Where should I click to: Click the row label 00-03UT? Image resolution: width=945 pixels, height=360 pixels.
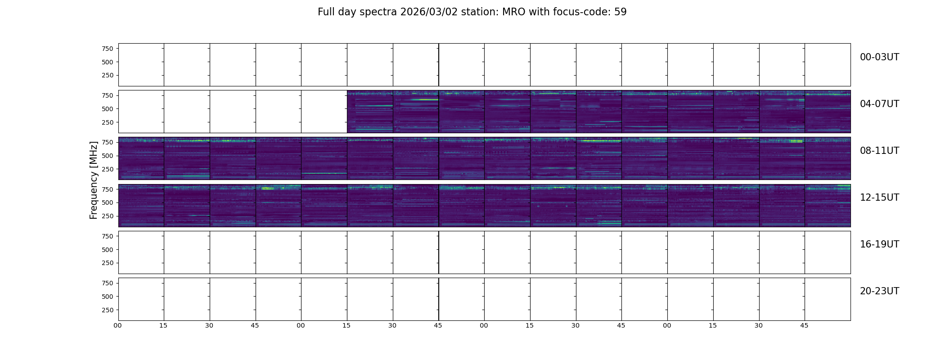[879, 57]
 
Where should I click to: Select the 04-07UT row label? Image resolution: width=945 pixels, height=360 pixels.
[879, 104]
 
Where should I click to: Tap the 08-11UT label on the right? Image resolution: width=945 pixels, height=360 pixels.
[879, 151]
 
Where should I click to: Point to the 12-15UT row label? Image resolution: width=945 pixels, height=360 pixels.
[879, 198]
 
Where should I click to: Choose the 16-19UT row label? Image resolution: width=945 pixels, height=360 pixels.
[879, 244]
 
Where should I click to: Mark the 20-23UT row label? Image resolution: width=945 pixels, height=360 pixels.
[879, 291]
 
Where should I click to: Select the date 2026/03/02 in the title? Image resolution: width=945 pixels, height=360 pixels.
[429, 12]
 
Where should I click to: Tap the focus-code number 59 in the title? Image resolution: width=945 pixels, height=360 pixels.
[621, 12]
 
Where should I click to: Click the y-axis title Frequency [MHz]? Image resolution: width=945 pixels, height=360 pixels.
[94, 180]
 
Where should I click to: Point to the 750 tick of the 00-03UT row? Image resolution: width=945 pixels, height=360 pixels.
[108, 49]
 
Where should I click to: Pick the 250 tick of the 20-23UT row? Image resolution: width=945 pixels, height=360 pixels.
[108, 310]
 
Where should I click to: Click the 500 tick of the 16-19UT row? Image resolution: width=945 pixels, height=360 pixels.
[108, 250]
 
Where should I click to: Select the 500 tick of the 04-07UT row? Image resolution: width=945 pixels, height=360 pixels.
[108, 109]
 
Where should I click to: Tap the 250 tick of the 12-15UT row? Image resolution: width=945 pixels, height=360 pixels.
[108, 216]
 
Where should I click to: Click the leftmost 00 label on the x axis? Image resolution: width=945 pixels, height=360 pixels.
[118, 325]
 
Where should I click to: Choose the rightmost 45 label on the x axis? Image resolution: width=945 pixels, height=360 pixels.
[804, 325]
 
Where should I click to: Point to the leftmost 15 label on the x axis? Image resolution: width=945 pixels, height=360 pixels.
[163, 325]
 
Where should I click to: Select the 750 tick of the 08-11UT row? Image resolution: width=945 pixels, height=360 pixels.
[108, 142]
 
